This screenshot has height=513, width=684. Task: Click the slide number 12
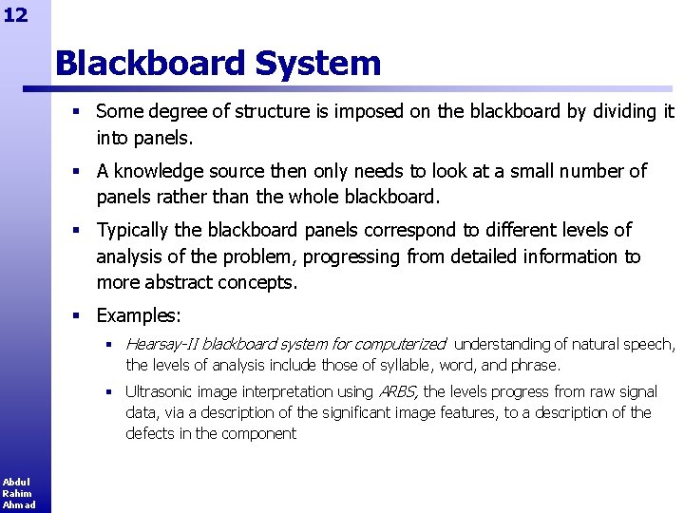pos(15,13)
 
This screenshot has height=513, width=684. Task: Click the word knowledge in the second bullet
pos(159,171)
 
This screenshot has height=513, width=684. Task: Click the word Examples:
pos(139,314)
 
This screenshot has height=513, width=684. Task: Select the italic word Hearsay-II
pos(161,344)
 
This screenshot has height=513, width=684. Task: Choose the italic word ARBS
pos(399,391)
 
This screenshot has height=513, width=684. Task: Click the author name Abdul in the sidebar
pos(16,482)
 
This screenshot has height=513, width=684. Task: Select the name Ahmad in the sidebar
pos(18,504)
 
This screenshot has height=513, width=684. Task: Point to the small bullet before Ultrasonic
pos(109,391)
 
